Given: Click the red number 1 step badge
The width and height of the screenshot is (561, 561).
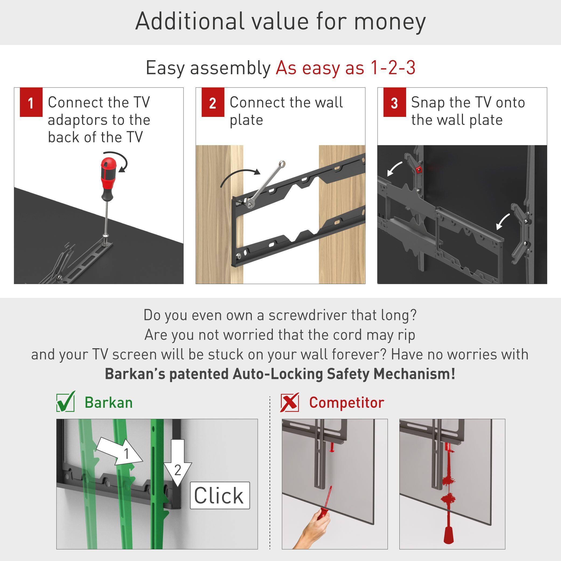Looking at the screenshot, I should pos(31,102).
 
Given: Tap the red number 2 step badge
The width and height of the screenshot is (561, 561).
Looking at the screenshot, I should pos(212,102).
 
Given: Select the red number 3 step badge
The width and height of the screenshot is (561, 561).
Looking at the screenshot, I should pos(394,102).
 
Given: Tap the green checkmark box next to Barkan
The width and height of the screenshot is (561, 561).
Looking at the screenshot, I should pos(66,402).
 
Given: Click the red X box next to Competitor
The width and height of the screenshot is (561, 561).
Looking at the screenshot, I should pos(290,402).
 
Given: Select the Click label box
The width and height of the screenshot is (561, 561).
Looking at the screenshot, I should pos(220,495).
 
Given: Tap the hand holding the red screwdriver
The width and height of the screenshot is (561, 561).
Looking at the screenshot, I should pos(313,531).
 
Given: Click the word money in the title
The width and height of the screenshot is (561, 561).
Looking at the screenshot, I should pos(390,22).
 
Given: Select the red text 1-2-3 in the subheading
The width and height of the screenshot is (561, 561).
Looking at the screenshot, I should pos(393,68).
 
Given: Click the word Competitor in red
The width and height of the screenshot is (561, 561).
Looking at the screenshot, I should pos(346,403).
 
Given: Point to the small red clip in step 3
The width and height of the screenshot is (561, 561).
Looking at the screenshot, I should pos(419,170).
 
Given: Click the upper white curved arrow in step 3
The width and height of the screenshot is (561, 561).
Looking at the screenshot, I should pos(395,169).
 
